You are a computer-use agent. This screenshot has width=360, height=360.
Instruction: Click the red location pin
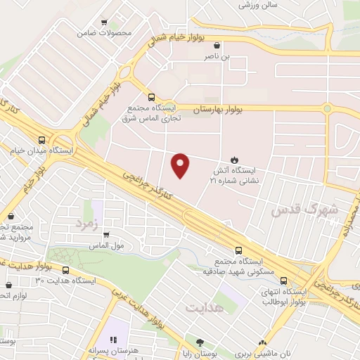[x=181, y=165]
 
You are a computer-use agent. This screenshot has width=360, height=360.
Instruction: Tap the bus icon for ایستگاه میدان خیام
[x=42, y=140]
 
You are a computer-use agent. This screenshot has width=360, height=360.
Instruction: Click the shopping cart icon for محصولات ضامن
[x=105, y=23]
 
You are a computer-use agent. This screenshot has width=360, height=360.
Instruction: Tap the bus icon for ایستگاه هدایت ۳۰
[x=66, y=270]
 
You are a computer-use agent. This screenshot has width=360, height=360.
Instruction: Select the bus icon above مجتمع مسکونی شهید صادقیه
[x=239, y=250]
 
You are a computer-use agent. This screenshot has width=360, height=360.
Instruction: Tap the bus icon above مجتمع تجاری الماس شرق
[x=150, y=98]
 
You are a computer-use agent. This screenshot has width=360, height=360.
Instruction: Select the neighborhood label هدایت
[x=205, y=308]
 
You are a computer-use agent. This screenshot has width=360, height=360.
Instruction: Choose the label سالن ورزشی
[x=258, y=4]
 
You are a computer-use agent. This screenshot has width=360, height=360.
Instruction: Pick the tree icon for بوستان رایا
[x=200, y=343]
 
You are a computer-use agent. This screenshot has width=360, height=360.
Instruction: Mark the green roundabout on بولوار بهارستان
[x=327, y=108]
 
